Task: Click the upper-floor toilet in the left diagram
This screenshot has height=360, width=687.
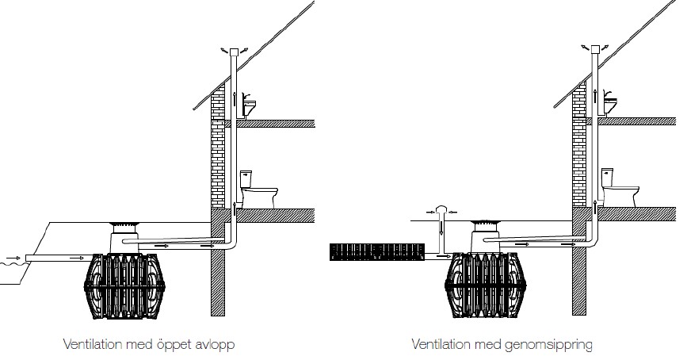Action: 250,105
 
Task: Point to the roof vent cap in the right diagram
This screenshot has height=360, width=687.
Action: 593,51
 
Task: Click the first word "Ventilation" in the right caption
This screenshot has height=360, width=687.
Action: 440,345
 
